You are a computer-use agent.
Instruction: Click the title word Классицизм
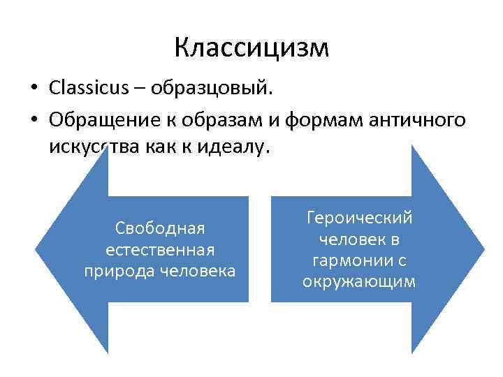tap(251, 47)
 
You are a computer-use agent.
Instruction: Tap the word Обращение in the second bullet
tap(97, 121)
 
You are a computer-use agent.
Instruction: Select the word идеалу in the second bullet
tap(236, 149)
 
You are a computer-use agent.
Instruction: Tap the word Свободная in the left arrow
tap(159, 228)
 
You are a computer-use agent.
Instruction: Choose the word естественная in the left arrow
tap(159, 249)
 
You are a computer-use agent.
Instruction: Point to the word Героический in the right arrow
tap(359, 218)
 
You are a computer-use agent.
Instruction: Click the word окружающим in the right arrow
tap(359, 281)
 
